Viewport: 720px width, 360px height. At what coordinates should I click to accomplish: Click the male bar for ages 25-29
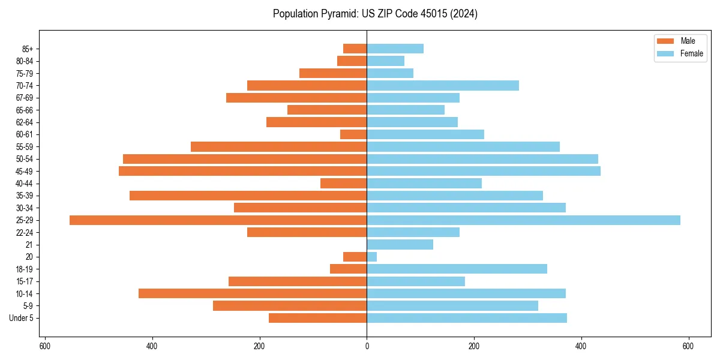pos(218,220)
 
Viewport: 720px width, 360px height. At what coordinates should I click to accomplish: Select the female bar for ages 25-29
pos(523,220)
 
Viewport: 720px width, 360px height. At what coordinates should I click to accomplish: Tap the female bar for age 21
pos(400,245)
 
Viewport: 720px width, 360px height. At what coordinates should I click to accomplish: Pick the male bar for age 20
pos(355,257)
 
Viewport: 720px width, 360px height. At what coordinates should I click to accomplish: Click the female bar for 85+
pos(395,49)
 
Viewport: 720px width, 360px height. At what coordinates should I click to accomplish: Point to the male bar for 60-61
pos(353,134)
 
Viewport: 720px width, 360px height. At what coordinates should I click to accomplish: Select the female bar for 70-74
pos(442,86)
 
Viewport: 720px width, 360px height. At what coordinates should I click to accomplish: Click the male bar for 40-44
pos(343,184)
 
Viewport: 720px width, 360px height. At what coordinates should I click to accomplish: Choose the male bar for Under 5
pos(317,318)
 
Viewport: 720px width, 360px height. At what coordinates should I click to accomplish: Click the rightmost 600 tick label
pos(688,346)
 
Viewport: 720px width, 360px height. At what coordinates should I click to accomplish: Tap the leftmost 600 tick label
pos(44,346)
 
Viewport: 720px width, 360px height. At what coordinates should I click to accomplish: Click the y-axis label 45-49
pos(24,172)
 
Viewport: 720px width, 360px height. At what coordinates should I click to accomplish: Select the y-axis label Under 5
pos(21,318)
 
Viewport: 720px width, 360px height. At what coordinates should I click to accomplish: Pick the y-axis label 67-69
pos(24,98)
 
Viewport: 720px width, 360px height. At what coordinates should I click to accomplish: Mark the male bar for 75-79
pos(333,73)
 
